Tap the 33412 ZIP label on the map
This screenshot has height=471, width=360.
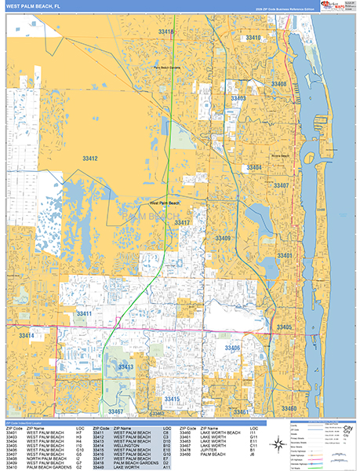click(x=91, y=159)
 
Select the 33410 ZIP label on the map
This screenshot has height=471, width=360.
click(x=253, y=38)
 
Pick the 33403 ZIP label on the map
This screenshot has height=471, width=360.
click(x=238, y=98)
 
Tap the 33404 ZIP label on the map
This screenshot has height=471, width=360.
click(x=254, y=167)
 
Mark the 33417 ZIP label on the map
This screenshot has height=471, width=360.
click(x=183, y=223)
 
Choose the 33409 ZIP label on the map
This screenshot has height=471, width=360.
click(x=223, y=238)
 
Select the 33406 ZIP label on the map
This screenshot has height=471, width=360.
click(x=232, y=347)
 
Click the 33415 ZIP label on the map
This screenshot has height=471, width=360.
click(x=172, y=399)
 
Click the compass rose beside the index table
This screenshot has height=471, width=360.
click(x=280, y=444)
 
